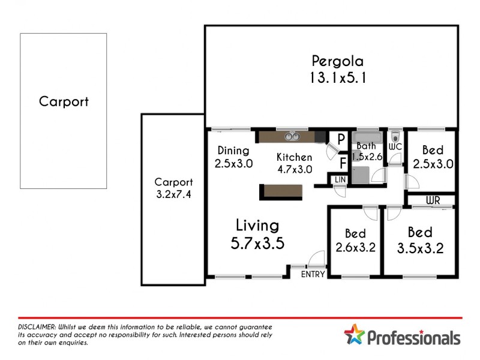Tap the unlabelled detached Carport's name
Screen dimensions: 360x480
(x=64, y=101)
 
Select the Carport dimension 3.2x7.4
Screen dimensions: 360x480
(x=173, y=194)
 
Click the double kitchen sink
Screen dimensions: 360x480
(x=292, y=137)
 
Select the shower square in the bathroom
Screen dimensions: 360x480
(x=360, y=175)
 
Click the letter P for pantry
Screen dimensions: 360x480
(x=341, y=139)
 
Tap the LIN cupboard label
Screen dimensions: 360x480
(x=340, y=179)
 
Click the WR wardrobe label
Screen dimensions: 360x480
(x=433, y=200)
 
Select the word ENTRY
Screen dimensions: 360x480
(x=313, y=274)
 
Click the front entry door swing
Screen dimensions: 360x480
(x=315, y=260)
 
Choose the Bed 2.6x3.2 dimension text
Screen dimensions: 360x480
(x=356, y=247)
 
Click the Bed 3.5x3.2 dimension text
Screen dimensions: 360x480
(x=420, y=248)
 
